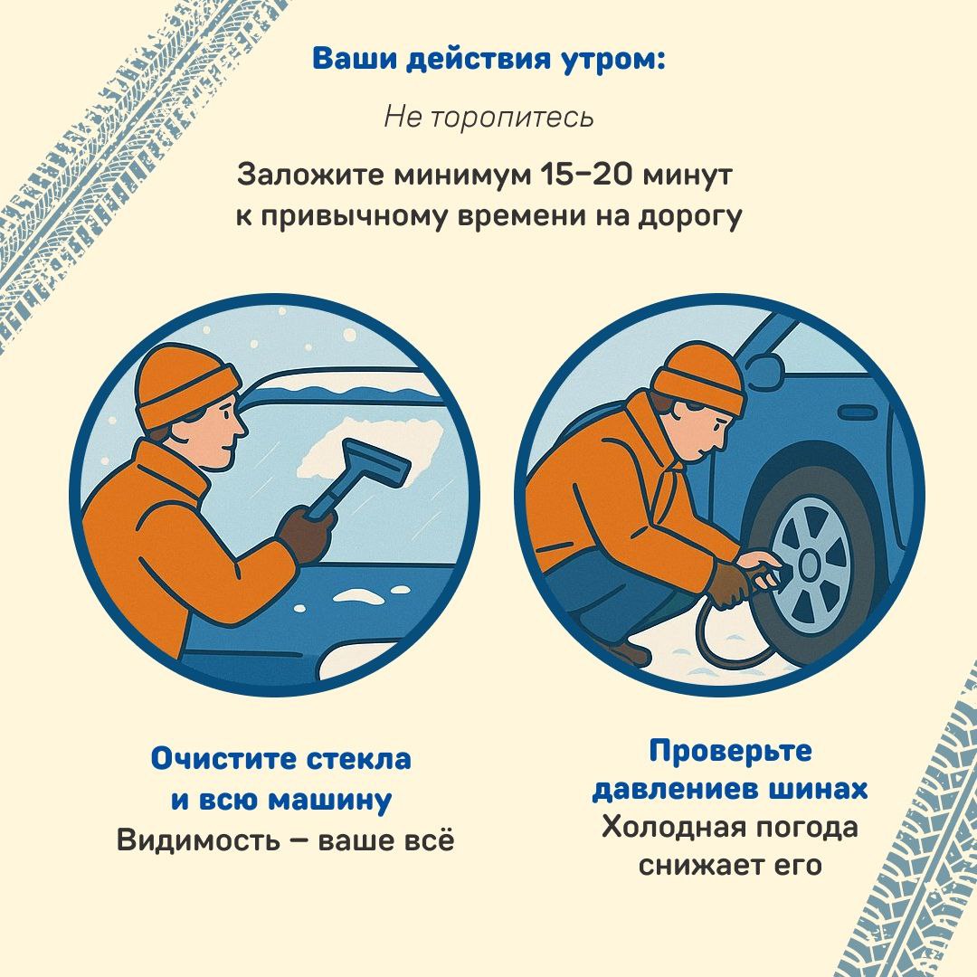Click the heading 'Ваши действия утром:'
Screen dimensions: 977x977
[x=488, y=60]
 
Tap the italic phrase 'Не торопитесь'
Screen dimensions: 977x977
[x=488, y=117]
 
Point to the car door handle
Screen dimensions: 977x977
[x=859, y=412]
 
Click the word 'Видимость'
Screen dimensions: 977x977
[x=198, y=840]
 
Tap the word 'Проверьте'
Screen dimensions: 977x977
[x=730, y=752]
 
